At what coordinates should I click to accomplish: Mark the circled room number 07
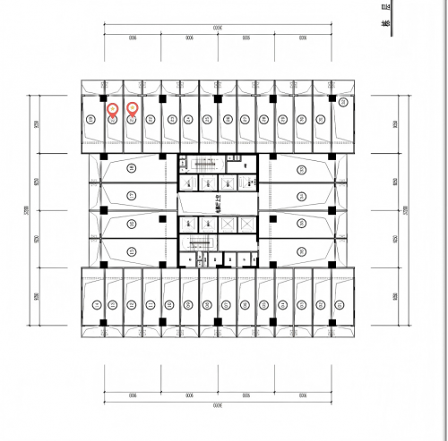coord(206,305)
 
